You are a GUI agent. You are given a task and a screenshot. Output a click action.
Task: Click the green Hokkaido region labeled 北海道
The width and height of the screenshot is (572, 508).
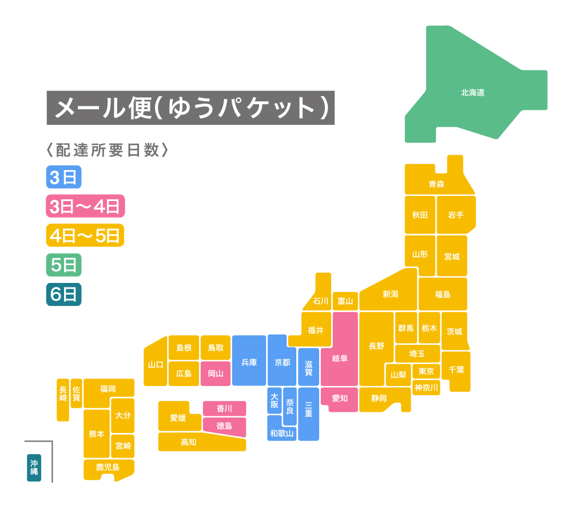pyautogui.click(x=472, y=92)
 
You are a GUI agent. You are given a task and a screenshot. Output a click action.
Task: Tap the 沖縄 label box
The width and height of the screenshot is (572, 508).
pyautogui.click(x=34, y=467)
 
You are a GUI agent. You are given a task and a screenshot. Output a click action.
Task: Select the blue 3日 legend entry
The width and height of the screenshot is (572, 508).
pyautogui.click(x=63, y=177)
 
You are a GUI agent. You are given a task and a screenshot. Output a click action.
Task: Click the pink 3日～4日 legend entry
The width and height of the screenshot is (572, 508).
pyautogui.click(x=85, y=206)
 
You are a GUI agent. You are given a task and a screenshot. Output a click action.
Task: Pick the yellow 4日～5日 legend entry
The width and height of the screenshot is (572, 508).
pyautogui.click(x=85, y=235)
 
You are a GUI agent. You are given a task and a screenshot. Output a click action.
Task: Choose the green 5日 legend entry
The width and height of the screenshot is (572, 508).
pyautogui.click(x=63, y=265)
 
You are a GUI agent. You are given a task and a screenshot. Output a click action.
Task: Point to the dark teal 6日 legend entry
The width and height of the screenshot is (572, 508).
pyautogui.click(x=63, y=294)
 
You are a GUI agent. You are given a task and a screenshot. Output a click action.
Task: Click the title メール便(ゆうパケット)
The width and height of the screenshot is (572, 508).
pyautogui.click(x=190, y=108)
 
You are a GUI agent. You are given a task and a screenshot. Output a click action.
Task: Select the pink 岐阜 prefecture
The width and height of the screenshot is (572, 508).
pyautogui.click(x=340, y=359)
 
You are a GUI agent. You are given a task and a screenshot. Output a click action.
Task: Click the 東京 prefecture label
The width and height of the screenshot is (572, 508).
pyautogui.click(x=426, y=371)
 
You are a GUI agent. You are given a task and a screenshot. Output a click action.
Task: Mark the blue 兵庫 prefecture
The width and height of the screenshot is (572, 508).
pyautogui.click(x=249, y=362)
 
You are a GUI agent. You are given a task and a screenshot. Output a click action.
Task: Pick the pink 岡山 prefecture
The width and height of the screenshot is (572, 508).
pyautogui.click(x=216, y=373)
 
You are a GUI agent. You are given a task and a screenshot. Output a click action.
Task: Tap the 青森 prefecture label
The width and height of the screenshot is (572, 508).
pyautogui.click(x=436, y=184)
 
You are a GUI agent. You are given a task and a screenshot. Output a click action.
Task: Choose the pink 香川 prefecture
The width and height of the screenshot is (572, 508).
pyautogui.click(x=224, y=408)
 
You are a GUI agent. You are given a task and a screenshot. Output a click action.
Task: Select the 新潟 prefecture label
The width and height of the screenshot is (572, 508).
pyautogui.click(x=390, y=294)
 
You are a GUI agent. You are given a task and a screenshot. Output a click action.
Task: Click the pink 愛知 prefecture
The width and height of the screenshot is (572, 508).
pyautogui.click(x=340, y=398)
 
